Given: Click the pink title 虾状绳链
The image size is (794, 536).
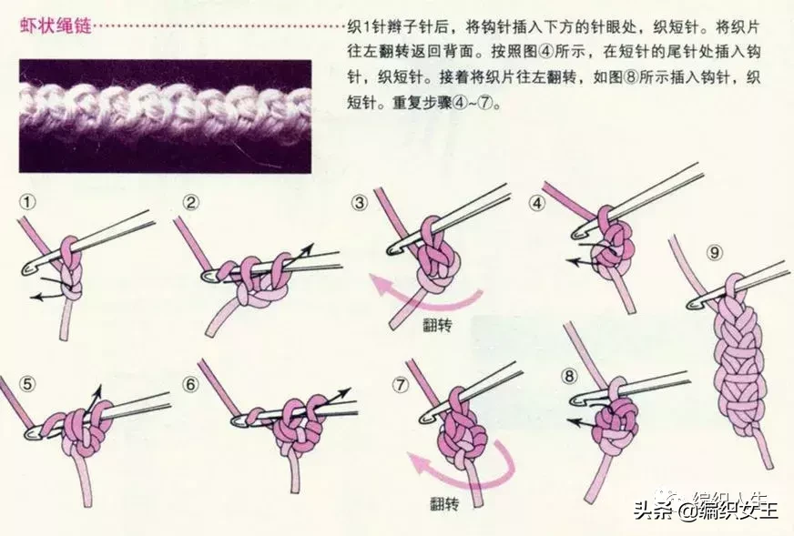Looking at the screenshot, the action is (x=56, y=25).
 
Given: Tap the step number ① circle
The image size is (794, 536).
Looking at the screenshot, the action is (x=27, y=202).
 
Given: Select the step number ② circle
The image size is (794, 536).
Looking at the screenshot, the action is (x=191, y=203).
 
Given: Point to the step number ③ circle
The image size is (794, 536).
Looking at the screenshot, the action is (x=360, y=203).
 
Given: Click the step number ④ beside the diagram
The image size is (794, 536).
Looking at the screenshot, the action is (x=536, y=203).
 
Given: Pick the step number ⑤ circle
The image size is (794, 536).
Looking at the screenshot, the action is (x=27, y=384).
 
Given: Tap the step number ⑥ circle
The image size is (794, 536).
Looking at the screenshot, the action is (x=191, y=385).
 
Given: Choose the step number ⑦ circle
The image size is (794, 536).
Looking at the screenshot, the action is (x=401, y=385).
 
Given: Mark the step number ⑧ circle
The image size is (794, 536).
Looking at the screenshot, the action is (x=569, y=376).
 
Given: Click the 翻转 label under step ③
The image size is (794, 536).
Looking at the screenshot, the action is (x=437, y=326).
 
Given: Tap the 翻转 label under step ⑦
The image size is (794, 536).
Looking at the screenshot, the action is (x=444, y=503).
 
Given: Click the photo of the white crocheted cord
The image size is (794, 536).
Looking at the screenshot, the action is (x=166, y=116).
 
